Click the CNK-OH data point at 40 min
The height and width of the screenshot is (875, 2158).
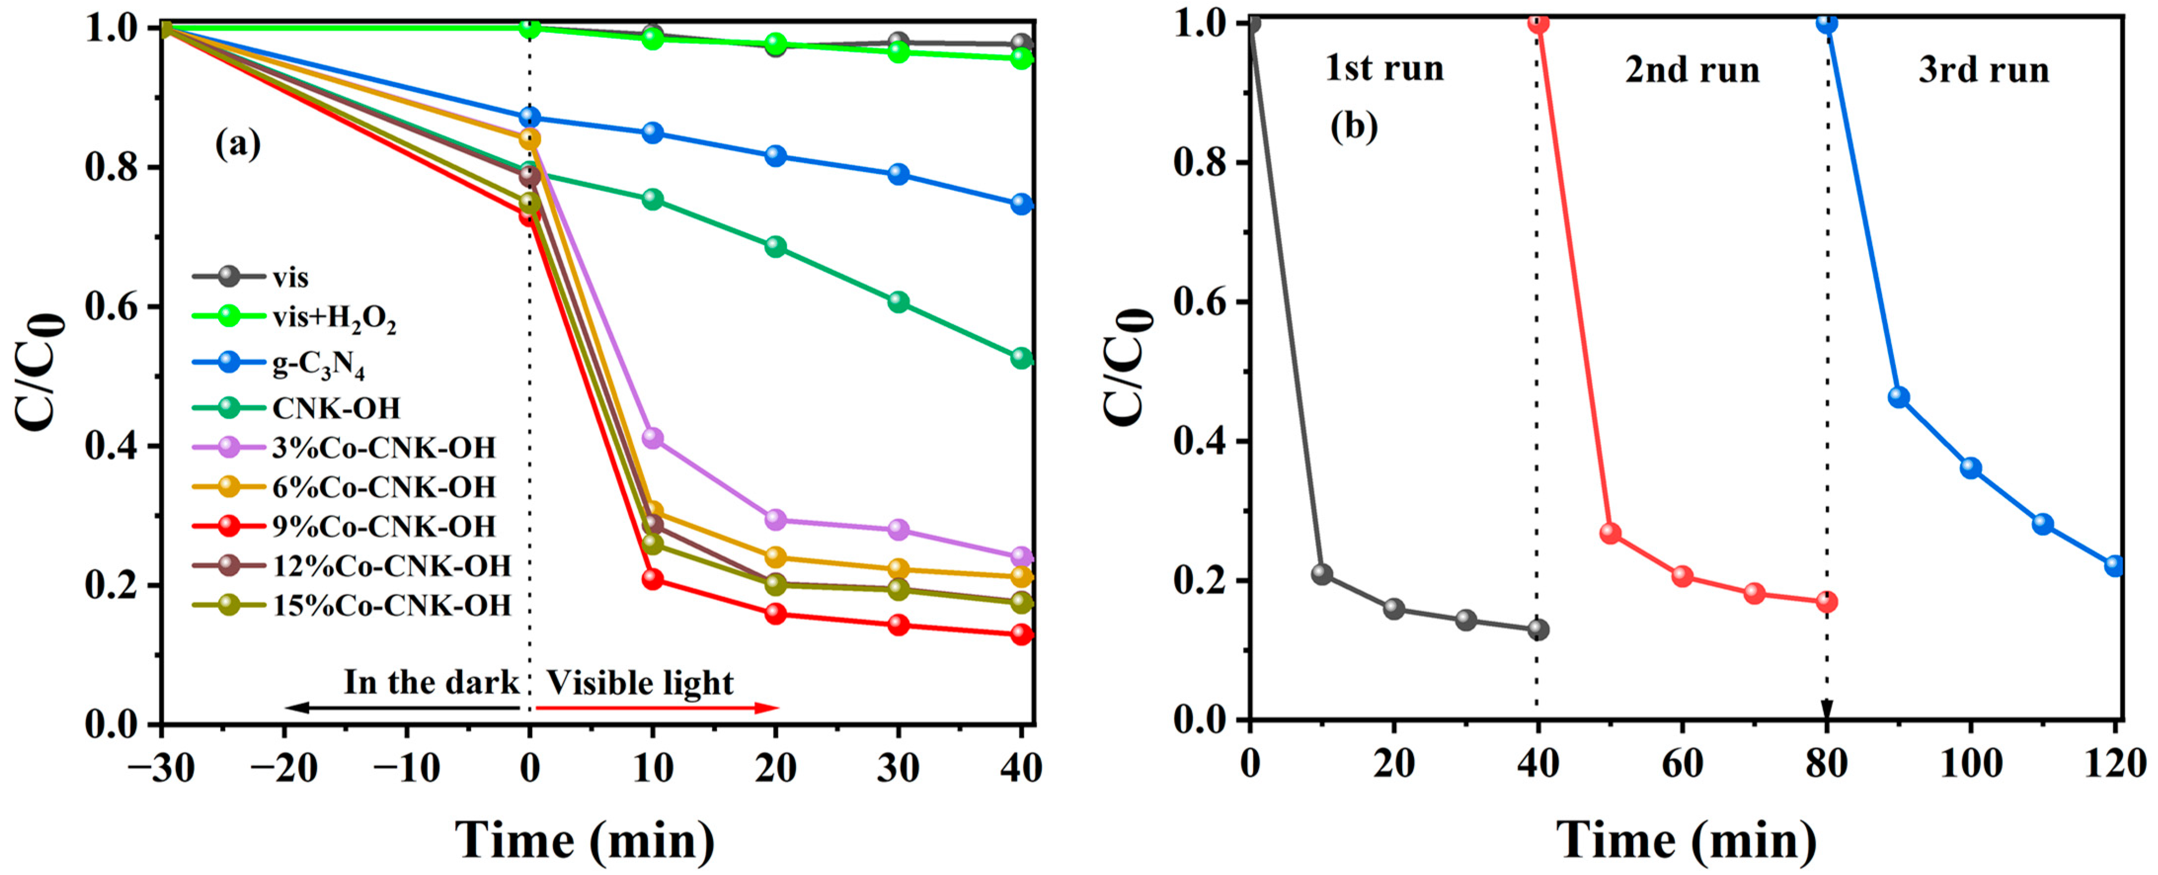1021,358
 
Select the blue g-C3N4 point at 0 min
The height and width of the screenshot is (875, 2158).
529,117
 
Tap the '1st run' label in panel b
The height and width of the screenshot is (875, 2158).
1384,69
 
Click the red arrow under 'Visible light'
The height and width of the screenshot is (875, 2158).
658,708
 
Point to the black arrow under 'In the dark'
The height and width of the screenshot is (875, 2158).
402,708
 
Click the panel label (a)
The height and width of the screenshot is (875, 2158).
238,144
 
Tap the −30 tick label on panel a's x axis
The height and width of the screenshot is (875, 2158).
161,768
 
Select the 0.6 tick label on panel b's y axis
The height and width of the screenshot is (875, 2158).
1200,302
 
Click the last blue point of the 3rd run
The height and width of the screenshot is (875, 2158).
2115,566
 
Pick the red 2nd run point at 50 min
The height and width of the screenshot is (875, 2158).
1610,533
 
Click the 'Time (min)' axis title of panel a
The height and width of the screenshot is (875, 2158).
585,840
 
